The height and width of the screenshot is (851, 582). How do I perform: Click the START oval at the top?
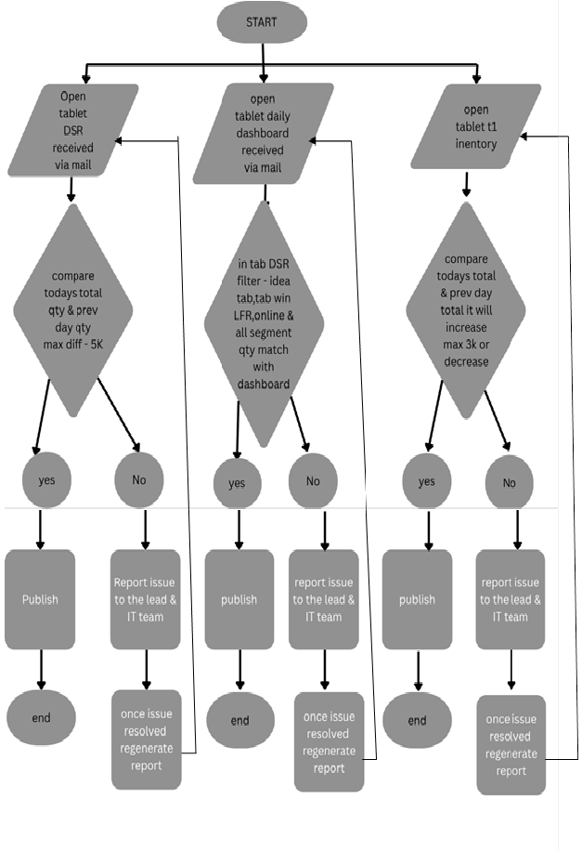point(262,23)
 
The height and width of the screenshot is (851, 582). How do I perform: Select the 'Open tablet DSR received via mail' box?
point(76,131)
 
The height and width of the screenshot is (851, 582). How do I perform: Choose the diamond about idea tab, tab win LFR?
point(265,324)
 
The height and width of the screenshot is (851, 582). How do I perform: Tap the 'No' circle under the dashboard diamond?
point(313,481)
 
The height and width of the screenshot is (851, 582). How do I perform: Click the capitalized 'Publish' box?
point(40,599)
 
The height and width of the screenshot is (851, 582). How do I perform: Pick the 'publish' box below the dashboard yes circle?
point(239,599)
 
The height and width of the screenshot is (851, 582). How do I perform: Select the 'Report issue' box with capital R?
point(145,599)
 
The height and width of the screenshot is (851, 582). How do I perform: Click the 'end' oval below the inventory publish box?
point(417,720)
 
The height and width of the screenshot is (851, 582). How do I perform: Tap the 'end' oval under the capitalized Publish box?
point(41,718)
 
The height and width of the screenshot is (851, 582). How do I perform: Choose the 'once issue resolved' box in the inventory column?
point(511,745)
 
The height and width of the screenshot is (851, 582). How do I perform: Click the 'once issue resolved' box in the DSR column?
point(146,740)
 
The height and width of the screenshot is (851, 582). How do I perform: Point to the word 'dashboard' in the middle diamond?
point(264,384)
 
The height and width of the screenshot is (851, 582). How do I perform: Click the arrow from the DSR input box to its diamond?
point(71,190)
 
